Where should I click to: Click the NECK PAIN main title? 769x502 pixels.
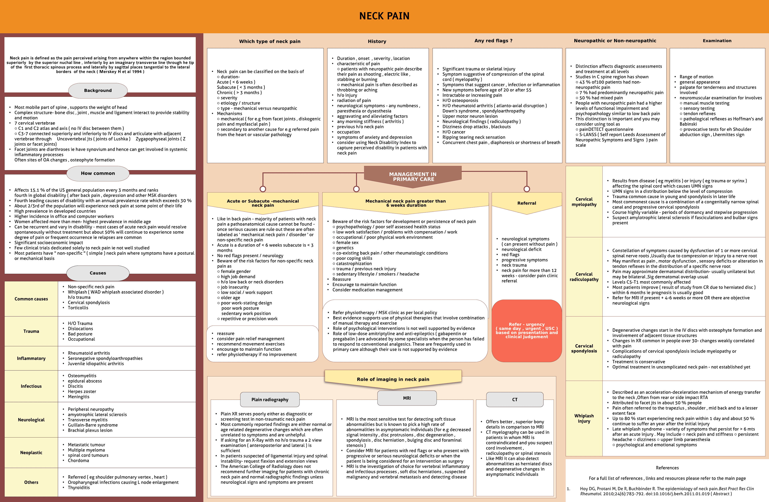[x=384, y=16]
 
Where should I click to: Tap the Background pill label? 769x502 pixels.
[x=98, y=91]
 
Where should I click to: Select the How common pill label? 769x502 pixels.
[x=98, y=173]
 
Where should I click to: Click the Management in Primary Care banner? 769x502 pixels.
[x=413, y=177]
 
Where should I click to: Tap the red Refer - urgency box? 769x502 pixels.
[x=527, y=330]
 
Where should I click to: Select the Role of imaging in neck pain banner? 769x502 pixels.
[x=393, y=379]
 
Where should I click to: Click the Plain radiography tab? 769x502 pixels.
[x=270, y=400]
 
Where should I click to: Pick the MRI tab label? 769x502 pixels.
[x=407, y=398]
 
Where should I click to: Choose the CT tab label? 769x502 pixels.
[x=515, y=400]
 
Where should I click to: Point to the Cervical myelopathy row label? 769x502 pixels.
[x=584, y=202]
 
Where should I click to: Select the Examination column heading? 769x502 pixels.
[x=717, y=41]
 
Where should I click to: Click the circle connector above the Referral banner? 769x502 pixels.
[x=527, y=189]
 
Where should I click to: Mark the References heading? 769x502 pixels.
[x=667, y=468]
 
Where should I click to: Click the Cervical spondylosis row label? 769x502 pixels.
[x=584, y=348]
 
